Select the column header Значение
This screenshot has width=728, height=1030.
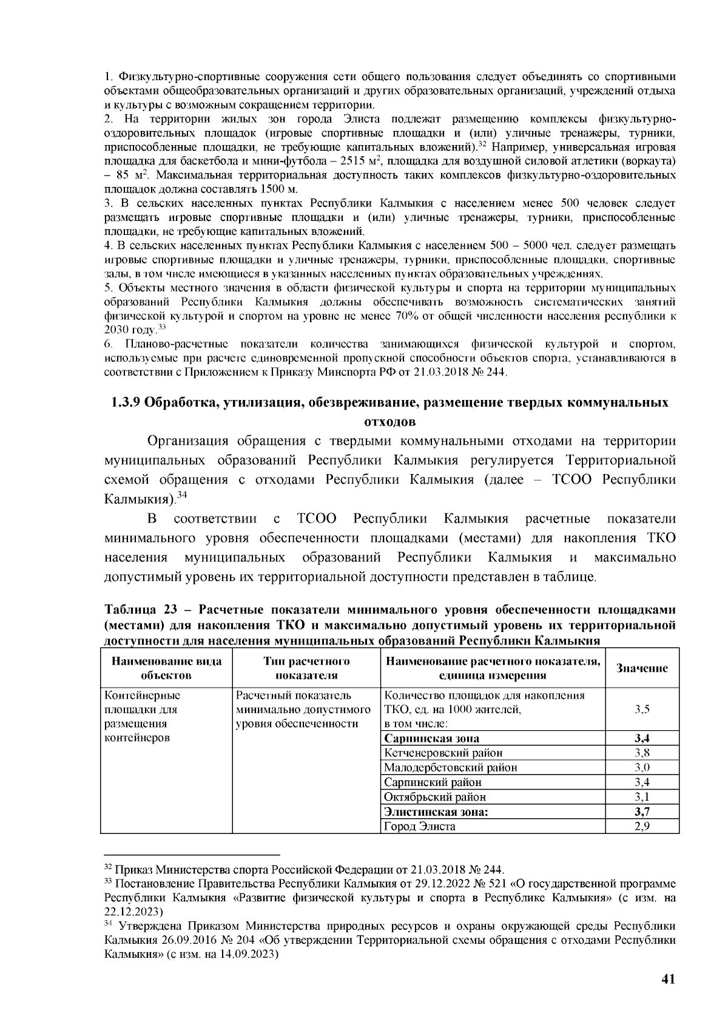642,668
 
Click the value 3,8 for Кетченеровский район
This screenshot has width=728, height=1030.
642,753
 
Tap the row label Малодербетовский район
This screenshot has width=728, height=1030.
451,768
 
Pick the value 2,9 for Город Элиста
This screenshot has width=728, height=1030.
642,827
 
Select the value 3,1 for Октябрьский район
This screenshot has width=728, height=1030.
642,798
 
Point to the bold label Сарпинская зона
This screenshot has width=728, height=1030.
432,739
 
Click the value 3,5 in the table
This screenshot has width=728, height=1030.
642,710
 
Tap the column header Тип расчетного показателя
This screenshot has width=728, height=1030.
306,668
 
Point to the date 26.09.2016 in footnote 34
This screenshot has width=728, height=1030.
181,941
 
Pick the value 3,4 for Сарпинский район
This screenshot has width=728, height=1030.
642,783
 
